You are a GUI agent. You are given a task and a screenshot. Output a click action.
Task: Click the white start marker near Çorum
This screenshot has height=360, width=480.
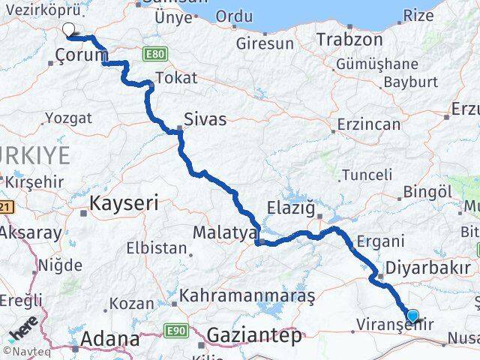click(x=69, y=30)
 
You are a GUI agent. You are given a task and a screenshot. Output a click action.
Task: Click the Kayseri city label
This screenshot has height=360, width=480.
click(x=124, y=202)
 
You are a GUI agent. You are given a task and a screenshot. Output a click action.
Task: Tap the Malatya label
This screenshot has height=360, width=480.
click(x=225, y=233)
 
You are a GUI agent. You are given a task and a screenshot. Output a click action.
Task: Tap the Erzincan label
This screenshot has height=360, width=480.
click(x=368, y=124)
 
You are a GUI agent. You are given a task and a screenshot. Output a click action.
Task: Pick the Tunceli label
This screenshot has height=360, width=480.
click(x=366, y=175)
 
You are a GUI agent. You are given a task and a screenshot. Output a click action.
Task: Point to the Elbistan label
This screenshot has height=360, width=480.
click(x=156, y=247)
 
